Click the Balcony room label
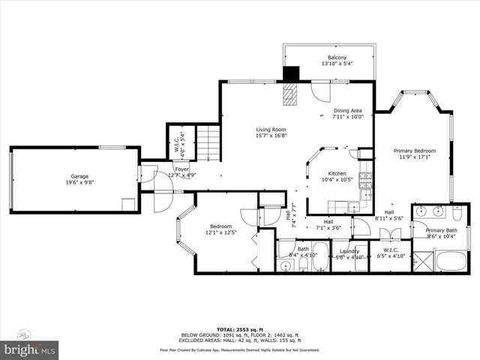point(337,61)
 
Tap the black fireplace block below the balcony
point(290,74)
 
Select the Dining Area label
point(347,113)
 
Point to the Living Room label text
point(271,132)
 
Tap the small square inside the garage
point(128,203)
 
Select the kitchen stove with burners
point(366,179)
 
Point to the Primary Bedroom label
point(418,154)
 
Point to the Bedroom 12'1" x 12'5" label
point(220,229)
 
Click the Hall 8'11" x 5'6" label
point(389,214)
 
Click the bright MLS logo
point(30,349)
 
